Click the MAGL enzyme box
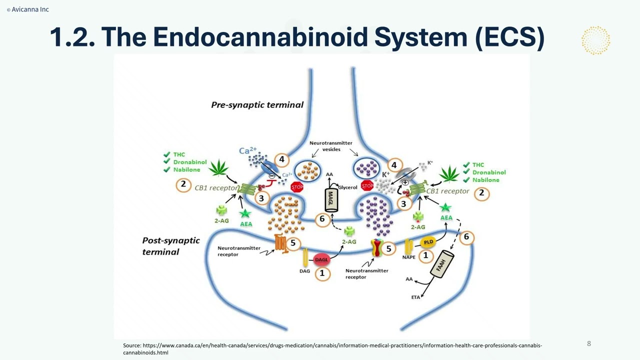tap(331, 200)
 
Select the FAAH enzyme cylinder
tap(441, 263)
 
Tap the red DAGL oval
tap(321, 259)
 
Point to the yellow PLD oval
tap(428, 242)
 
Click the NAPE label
tap(409, 257)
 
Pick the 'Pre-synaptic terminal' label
tap(257, 104)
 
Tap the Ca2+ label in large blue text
tap(247, 150)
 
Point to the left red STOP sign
tap(297, 187)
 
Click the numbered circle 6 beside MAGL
tap(322, 219)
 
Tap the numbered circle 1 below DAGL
tap(322, 273)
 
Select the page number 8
tap(588, 343)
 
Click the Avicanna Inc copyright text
tap(28, 9)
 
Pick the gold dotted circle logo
tap(595, 40)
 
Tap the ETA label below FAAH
tap(415, 297)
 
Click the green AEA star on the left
tap(245, 214)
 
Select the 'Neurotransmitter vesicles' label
tap(330, 146)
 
